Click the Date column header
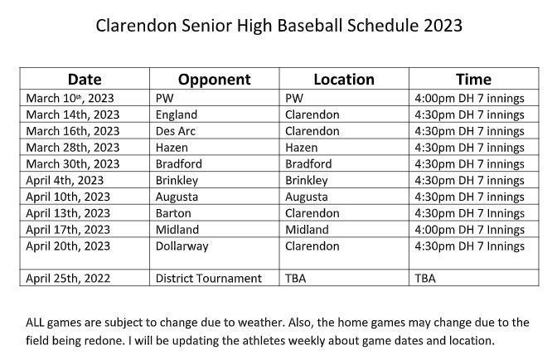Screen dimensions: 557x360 [x=85, y=80]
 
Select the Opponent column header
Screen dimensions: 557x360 [x=214, y=80]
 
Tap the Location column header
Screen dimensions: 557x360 [x=344, y=80]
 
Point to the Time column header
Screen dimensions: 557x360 [x=473, y=80]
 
